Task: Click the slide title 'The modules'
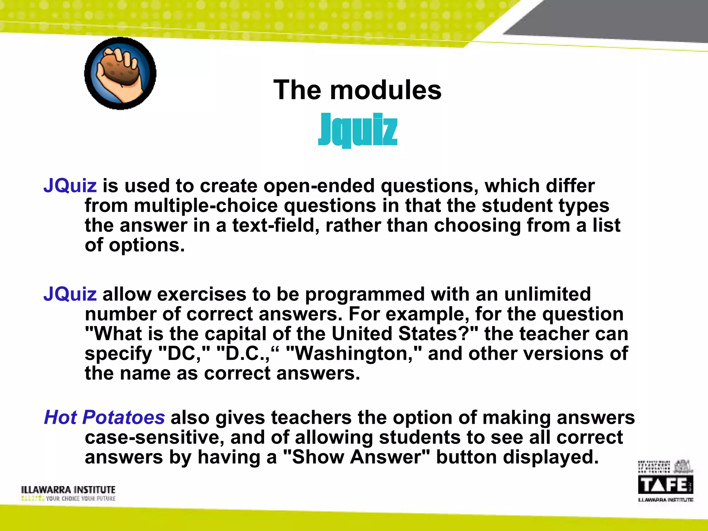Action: pyautogui.click(x=357, y=90)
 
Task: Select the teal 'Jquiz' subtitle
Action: pyautogui.click(x=357, y=129)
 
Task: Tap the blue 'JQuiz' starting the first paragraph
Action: pyautogui.click(x=70, y=186)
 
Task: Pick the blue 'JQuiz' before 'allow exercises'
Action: pyautogui.click(x=70, y=294)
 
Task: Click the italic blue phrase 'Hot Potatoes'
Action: pyautogui.click(x=104, y=417)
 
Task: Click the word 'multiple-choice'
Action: pyautogui.click(x=206, y=205)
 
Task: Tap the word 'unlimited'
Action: pyautogui.click(x=547, y=294)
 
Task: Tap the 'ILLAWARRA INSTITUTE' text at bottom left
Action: pyautogui.click(x=68, y=490)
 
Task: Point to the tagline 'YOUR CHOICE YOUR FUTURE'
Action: pyautogui.click(x=81, y=499)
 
